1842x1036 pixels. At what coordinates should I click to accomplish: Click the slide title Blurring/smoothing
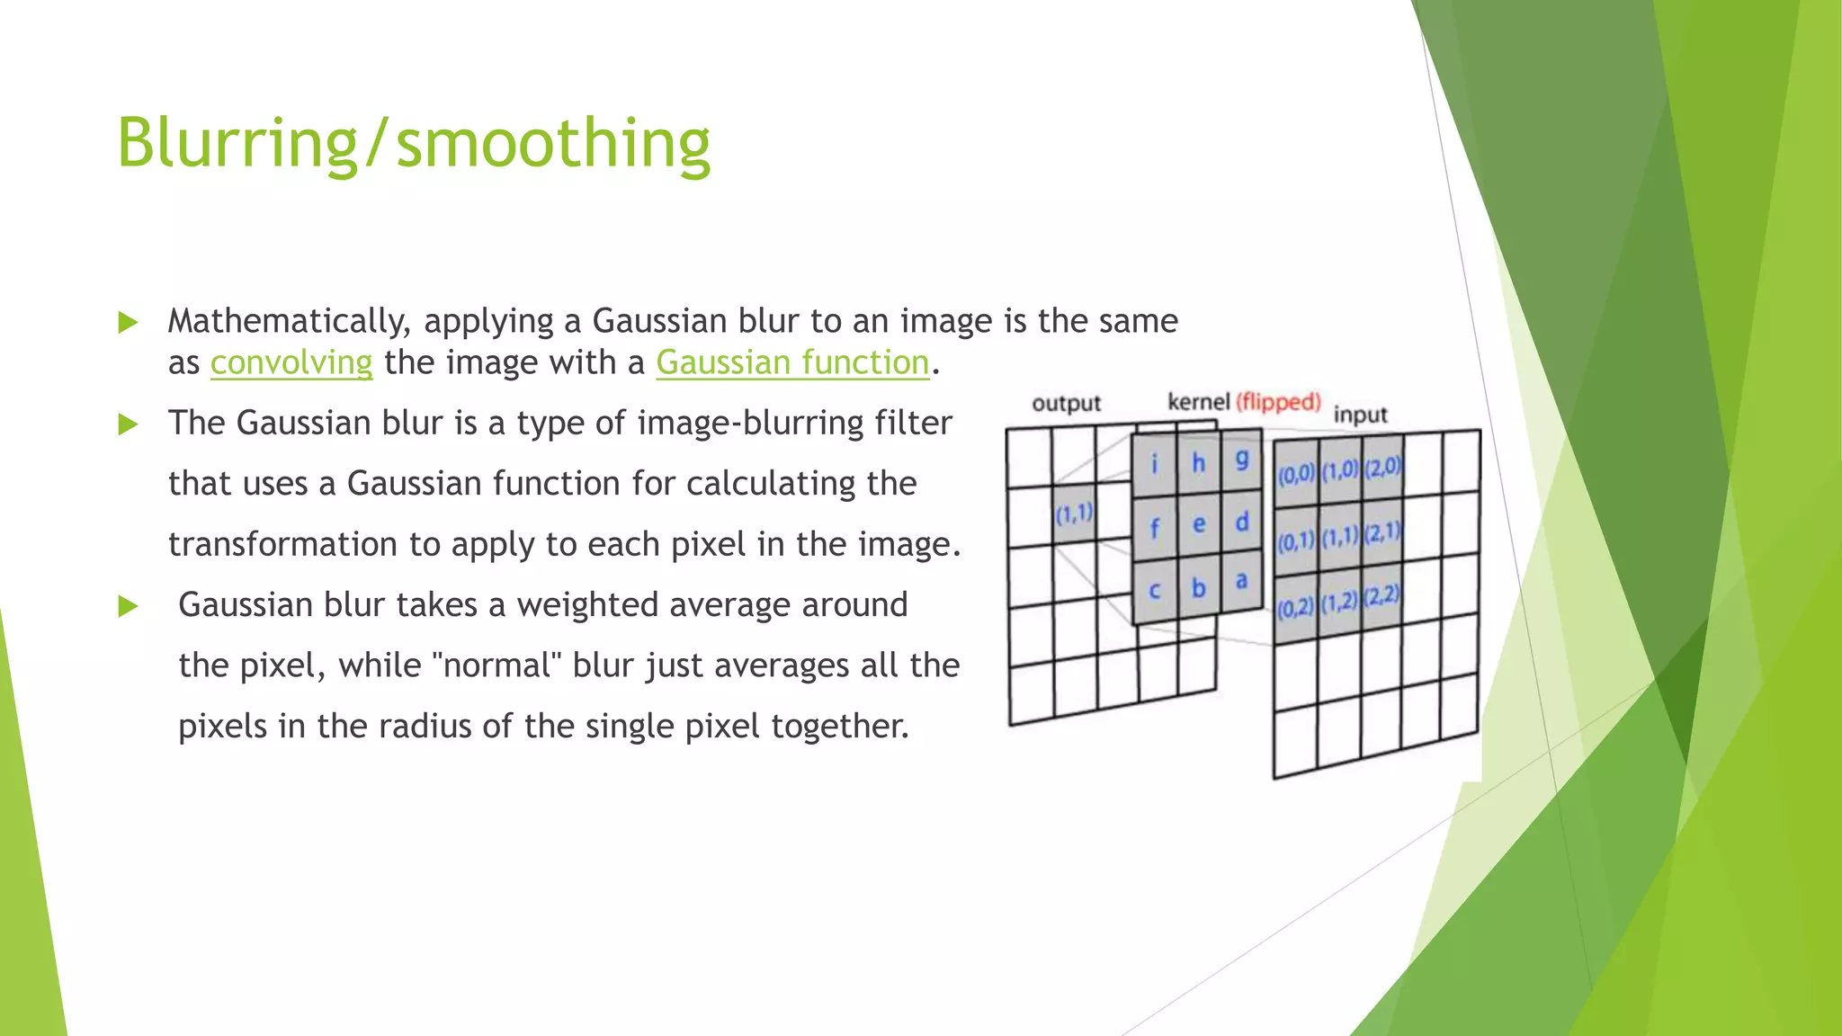click(414, 144)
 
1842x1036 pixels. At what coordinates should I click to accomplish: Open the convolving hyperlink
click(291, 362)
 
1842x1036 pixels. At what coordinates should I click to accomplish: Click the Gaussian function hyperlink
click(791, 362)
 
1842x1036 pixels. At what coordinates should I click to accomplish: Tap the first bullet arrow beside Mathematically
click(129, 322)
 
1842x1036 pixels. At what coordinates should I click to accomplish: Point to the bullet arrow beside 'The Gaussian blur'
click(129, 424)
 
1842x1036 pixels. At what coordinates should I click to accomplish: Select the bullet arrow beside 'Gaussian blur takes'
click(129, 606)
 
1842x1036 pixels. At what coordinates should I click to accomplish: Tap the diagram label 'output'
click(1066, 403)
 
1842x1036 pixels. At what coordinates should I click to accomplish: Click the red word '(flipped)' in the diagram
click(1278, 401)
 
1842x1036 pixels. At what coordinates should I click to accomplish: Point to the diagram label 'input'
click(1360, 415)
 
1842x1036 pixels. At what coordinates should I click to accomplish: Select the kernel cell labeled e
click(1198, 524)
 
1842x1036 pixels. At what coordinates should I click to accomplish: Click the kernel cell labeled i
click(1154, 465)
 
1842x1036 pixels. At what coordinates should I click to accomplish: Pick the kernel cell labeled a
click(1241, 582)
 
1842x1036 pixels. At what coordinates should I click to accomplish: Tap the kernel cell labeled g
click(1241, 460)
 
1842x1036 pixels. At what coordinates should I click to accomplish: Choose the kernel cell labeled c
click(1154, 591)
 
